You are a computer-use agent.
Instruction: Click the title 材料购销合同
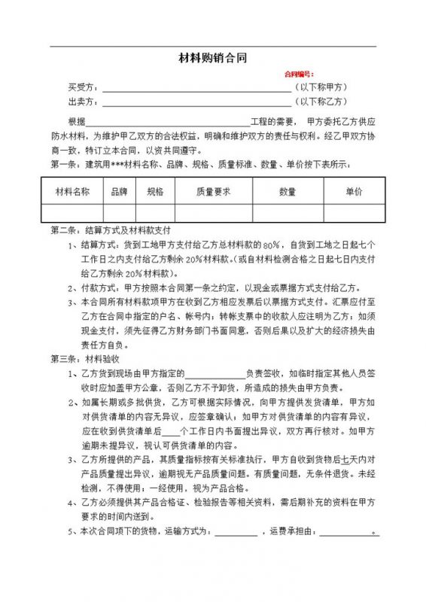point(212,57)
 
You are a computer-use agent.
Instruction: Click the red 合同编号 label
point(298,74)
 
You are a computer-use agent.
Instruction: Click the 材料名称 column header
point(73,192)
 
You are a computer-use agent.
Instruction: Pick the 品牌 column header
point(119,192)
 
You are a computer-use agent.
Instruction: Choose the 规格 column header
point(155,192)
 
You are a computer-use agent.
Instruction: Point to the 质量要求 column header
point(213,192)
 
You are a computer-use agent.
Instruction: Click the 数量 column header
point(288,192)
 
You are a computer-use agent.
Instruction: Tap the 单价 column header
point(354,192)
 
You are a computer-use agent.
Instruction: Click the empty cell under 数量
point(288,213)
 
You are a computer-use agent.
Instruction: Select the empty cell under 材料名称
point(73,213)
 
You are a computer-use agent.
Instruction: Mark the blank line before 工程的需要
point(168,122)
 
